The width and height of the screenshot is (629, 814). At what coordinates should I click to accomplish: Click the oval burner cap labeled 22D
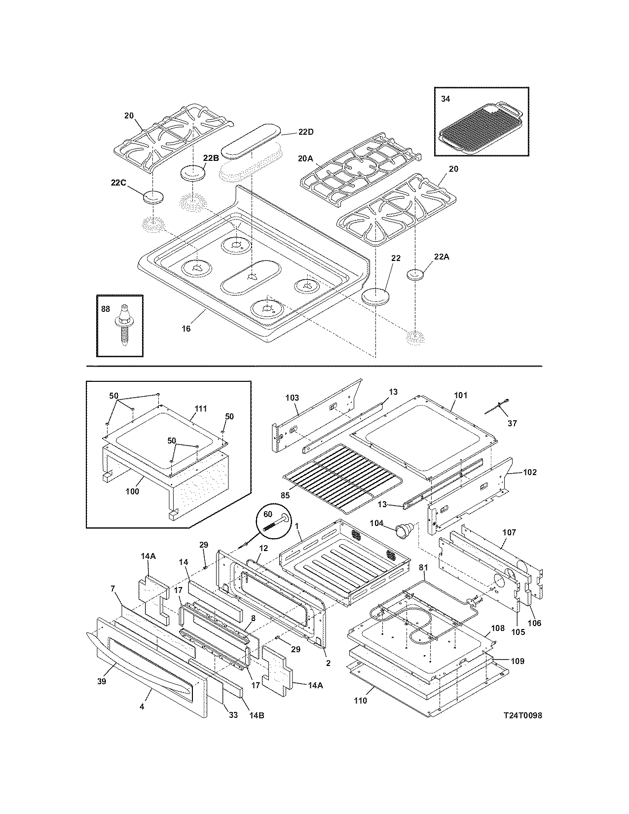point(250,142)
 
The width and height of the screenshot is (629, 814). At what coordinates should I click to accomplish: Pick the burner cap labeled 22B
point(192,174)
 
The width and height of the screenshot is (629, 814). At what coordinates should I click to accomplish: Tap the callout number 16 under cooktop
point(186,329)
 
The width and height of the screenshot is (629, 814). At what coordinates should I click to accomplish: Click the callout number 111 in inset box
point(201,408)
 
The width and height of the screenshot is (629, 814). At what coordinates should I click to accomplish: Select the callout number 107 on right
point(509,532)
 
